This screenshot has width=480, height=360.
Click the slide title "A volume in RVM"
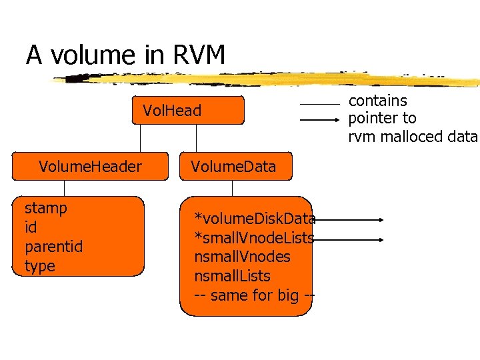(x=125, y=55)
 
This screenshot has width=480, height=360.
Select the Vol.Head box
(x=172, y=111)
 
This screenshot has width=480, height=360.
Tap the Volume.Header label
(x=90, y=167)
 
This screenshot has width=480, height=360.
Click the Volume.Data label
(x=233, y=167)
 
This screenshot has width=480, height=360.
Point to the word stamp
(x=45, y=208)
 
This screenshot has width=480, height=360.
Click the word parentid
(x=53, y=247)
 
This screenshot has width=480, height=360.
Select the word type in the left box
(x=39, y=267)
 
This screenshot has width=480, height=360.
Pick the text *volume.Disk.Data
(x=254, y=218)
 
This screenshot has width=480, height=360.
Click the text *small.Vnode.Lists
(x=253, y=237)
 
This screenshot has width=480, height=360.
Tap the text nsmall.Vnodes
(x=242, y=257)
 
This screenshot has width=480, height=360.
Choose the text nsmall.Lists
(x=232, y=276)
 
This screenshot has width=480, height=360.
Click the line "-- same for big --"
(x=253, y=295)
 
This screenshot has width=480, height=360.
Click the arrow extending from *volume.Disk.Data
(x=350, y=219)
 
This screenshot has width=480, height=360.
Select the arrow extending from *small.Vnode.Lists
(x=350, y=238)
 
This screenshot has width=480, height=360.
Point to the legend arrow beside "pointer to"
(x=319, y=120)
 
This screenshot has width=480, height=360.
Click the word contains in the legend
(x=377, y=101)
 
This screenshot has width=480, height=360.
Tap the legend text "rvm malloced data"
(x=413, y=137)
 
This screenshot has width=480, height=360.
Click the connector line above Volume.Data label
(x=197, y=139)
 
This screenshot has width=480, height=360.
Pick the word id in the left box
(x=31, y=227)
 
